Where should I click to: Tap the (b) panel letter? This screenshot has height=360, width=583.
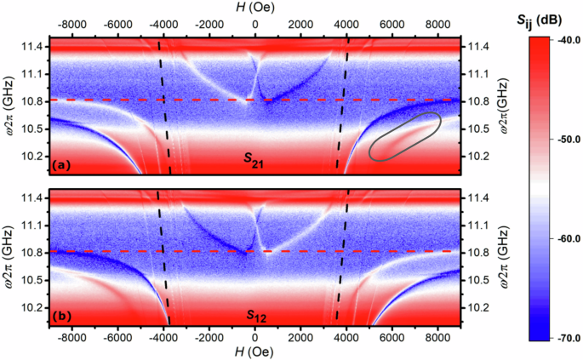tap(62, 315)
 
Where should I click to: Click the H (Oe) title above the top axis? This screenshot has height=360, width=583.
tap(255, 8)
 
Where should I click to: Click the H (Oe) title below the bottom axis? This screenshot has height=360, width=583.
tap(255, 353)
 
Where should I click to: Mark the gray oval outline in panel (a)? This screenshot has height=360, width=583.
tap(405, 135)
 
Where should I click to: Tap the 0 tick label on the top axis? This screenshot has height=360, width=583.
tap(255, 23)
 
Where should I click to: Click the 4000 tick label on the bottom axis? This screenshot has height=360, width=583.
tap(347, 338)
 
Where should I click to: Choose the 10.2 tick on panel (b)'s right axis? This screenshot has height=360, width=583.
tap(476, 307)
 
